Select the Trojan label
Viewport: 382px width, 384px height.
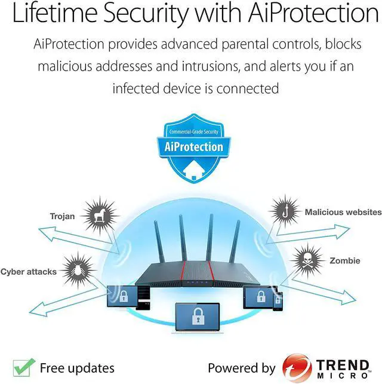point(62,216)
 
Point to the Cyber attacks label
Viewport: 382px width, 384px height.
point(28,272)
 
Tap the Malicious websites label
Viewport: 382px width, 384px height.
point(343,212)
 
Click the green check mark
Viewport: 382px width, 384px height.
point(23,366)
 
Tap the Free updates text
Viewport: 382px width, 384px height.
point(77,367)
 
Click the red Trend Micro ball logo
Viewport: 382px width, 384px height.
point(297,366)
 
